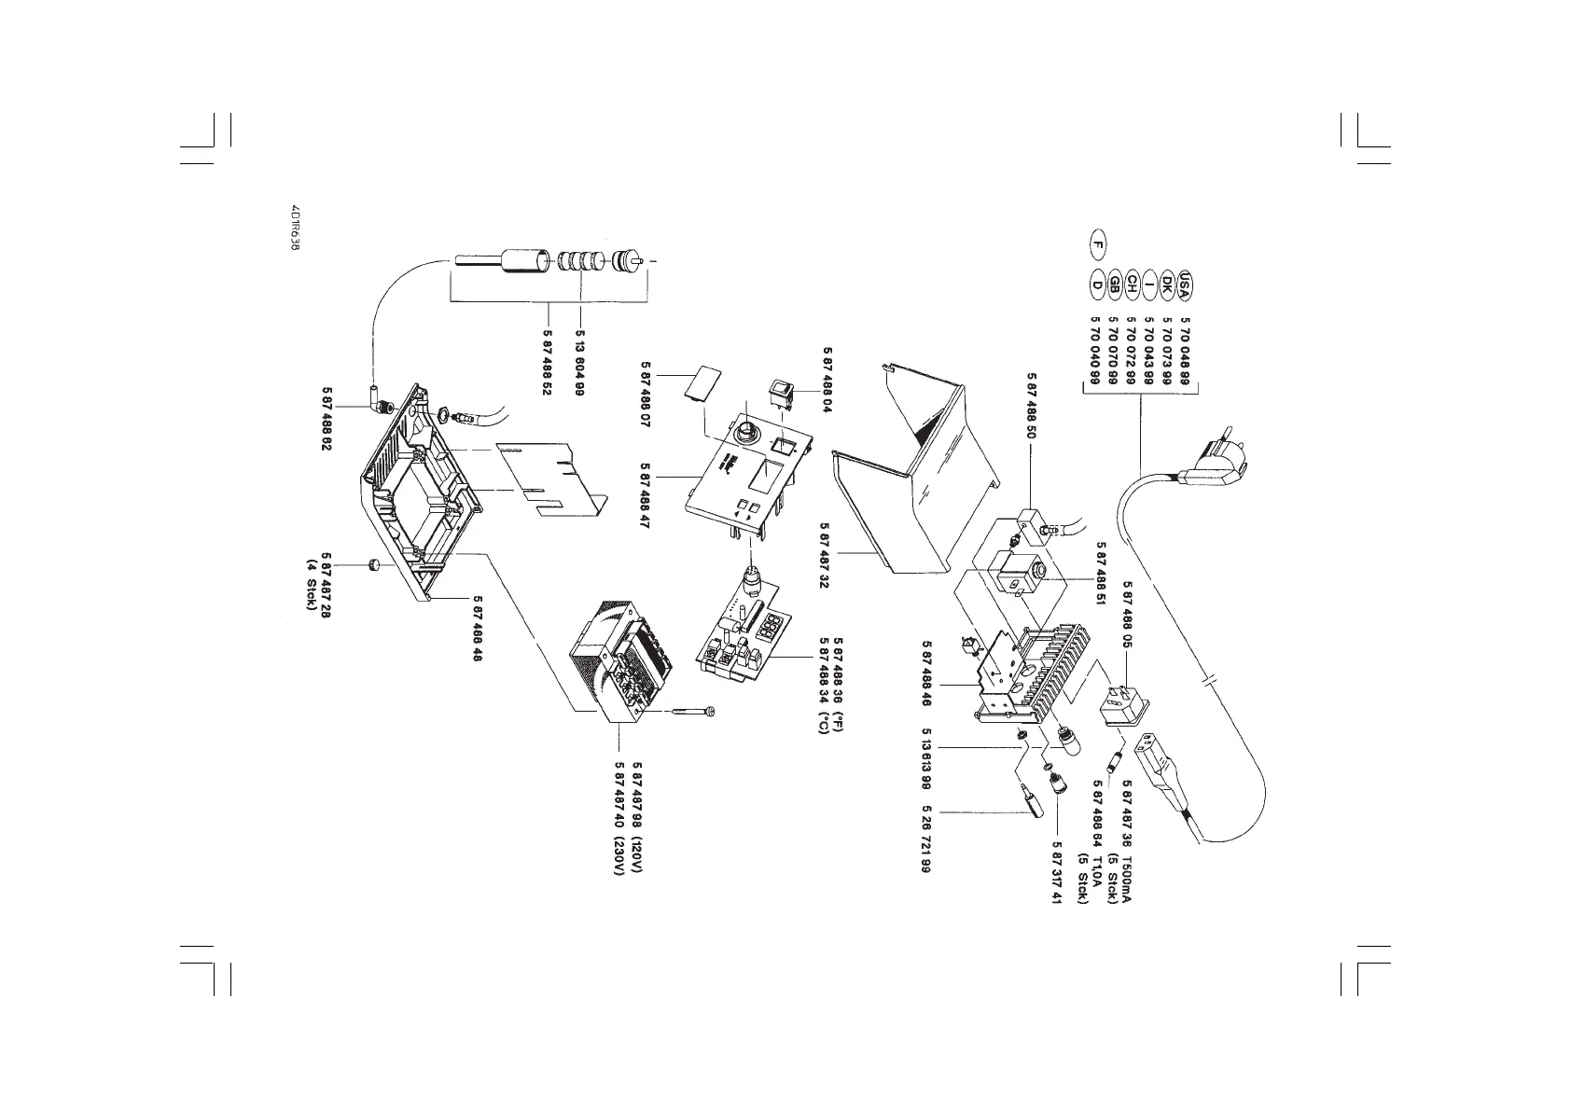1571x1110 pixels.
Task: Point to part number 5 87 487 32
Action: (825, 555)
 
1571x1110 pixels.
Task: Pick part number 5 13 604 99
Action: (579, 363)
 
